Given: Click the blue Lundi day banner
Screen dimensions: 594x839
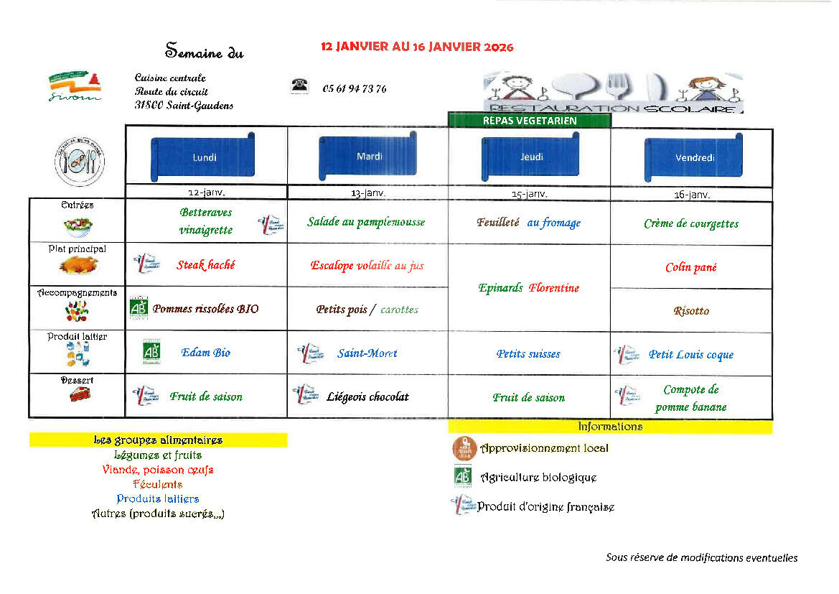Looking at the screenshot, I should pos(204,157).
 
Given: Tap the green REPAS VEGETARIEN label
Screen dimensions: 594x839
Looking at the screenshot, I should pos(530,121).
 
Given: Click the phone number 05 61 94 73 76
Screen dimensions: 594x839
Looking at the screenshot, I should pos(355,89).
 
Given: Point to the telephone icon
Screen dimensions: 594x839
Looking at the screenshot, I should pos(299,86).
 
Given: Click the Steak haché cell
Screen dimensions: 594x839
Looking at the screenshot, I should pos(206,265).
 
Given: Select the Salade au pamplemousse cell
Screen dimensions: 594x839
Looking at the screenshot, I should pos(366,223).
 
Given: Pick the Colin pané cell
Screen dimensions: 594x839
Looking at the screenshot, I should pos(690,267).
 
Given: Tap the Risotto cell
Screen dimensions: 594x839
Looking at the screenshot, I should pos(691,311).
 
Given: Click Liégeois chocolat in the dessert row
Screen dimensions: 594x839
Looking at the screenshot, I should pos(367,396).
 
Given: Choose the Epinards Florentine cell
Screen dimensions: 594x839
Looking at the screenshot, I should pos(529,288).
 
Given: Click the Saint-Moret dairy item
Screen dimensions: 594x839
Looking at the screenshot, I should pos(367,353).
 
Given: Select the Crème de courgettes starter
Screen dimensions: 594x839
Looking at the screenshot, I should pos(691,223).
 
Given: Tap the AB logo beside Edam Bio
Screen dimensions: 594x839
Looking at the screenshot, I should pos(151,352).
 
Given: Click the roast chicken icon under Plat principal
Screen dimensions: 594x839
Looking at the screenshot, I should pos(78,266).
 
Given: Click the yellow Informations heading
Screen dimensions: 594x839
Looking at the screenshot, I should pos(610,427).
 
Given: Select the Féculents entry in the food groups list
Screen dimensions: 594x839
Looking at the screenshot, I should pos(157,484).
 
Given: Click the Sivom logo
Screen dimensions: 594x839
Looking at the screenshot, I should pos(75,87).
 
